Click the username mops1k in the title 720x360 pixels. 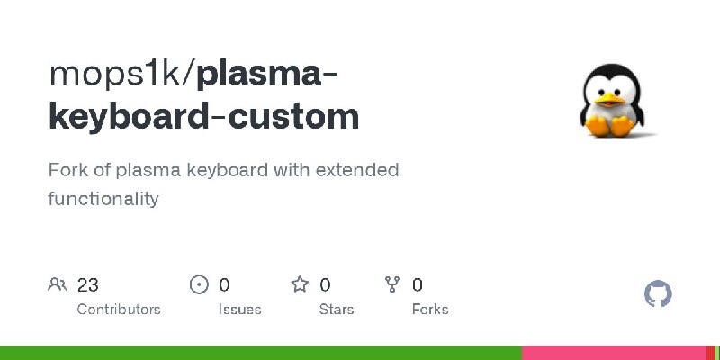pos(116,75)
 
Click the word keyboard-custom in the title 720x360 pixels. pos(204,116)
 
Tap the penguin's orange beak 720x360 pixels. pos(610,99)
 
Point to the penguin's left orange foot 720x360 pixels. pos(598,126)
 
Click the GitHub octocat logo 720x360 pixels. pos(658,294)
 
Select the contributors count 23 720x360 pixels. pos(87,285)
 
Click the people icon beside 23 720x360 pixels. pos(58,284)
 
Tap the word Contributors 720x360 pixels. pos(119,310)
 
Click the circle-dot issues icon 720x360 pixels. pos(199,284)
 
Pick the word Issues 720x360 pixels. pos(239,310)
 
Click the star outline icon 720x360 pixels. pos(300,284)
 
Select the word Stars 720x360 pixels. pos(337,310)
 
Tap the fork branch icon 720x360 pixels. pos(392,284)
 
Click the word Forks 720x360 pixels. pos(430,310)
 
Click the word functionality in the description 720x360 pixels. pos(103,199)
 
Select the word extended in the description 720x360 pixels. pos(357,170)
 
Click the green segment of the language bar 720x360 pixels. pos(261,353)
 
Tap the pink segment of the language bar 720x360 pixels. pos(614,353)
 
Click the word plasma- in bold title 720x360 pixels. pos(266,76)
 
